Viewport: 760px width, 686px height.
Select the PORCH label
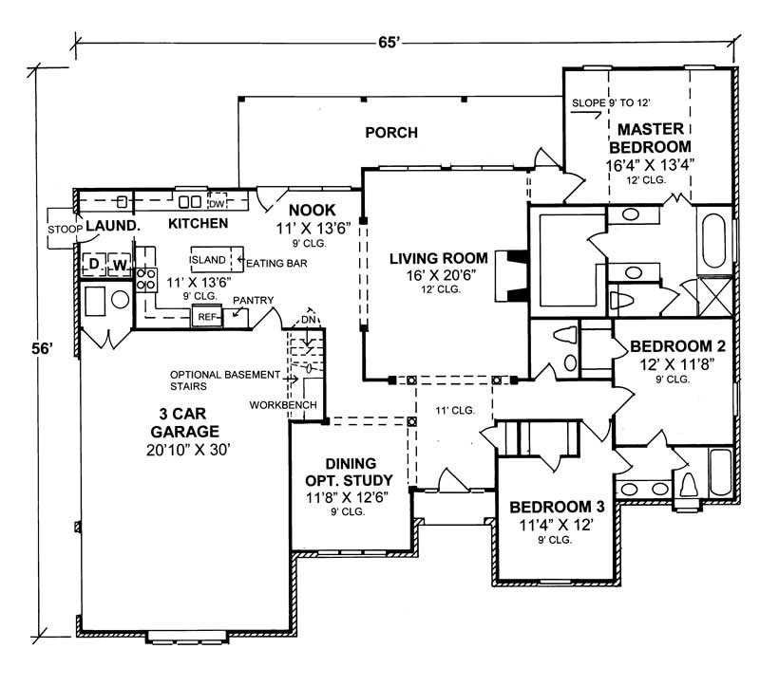pyautogui.click(x=391, y=133)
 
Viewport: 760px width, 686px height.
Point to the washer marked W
pyautogui.click(x=121, y=264)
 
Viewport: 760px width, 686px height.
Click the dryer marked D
pyautogui.click(x=95, y=264)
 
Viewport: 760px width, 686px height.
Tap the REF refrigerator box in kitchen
pyautogui.click(x=208, y=318)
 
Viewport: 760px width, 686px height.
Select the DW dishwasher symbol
pyautogui.click(x=216, y=203)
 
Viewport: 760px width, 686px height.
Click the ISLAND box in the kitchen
pyautogui.click(x=207, y=259)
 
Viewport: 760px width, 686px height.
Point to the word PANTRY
pyautogui.click(x=254, y=301)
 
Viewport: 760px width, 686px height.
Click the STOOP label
pyautogui.click(x=63, y=229)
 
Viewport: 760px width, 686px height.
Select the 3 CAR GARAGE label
pyautogui.click(x=184, y=422)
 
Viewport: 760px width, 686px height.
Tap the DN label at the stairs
pyautogui.click(x=308, y=319)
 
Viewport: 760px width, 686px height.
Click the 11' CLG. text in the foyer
pyautogui.click(x=454, y=411)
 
